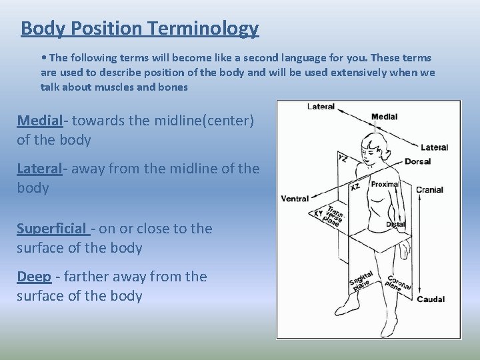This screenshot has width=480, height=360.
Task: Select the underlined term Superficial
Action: pos(52,229)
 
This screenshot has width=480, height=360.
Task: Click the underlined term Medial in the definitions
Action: pos(39,121)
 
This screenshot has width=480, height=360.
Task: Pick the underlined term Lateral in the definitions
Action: pos(39,169)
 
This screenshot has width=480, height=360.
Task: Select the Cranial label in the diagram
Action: pos(429,190)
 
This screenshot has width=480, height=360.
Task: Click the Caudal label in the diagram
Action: pos(430,299)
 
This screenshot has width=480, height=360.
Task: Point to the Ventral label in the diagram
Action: pos(295,199)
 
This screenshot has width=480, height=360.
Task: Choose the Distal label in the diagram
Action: pos(395,225)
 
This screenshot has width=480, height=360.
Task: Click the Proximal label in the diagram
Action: pos(385,184)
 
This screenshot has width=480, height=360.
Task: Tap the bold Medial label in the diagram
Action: pos(384,117)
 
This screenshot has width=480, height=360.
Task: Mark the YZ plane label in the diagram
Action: pos(342,159)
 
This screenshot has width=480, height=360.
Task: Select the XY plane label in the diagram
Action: pos(319,214)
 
